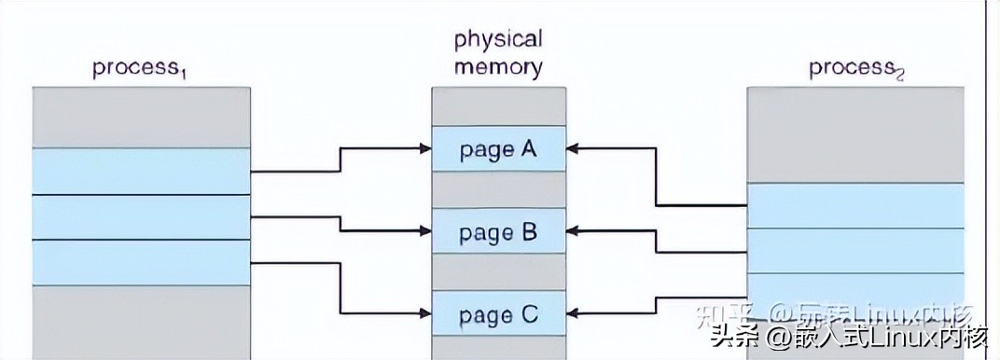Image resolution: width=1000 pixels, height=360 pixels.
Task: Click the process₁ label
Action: tap(140, 69)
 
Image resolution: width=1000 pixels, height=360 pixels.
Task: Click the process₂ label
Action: tap(856, 68)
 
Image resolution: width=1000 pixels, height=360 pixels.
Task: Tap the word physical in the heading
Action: tap(498, 39)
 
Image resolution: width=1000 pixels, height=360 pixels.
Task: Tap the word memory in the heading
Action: tap(498, 67)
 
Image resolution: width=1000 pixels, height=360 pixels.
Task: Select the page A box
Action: tap(498, 149)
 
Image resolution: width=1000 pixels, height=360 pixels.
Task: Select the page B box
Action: tap(498, 231)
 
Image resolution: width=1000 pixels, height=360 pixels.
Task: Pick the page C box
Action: tap(498, 314)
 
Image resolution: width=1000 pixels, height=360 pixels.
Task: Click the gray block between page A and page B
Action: tap(498, 190)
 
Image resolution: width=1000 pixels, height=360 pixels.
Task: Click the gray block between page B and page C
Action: tap(498, 272)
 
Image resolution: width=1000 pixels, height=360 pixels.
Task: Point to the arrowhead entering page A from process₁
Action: tap(424, 148)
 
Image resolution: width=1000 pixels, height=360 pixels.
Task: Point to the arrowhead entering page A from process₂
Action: tap(573, 148)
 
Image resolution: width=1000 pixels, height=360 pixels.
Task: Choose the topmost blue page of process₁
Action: tap(142, 172)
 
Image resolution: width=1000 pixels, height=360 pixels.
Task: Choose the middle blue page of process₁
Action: tap(142, 217)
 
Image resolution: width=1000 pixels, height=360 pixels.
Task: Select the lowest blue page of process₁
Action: tap(142, 262)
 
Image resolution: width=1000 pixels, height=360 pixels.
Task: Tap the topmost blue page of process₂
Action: tap(855, 205)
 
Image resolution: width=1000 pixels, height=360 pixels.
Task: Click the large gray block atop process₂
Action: tap(855, 135)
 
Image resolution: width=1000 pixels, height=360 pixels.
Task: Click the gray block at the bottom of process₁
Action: tap(142, 322)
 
